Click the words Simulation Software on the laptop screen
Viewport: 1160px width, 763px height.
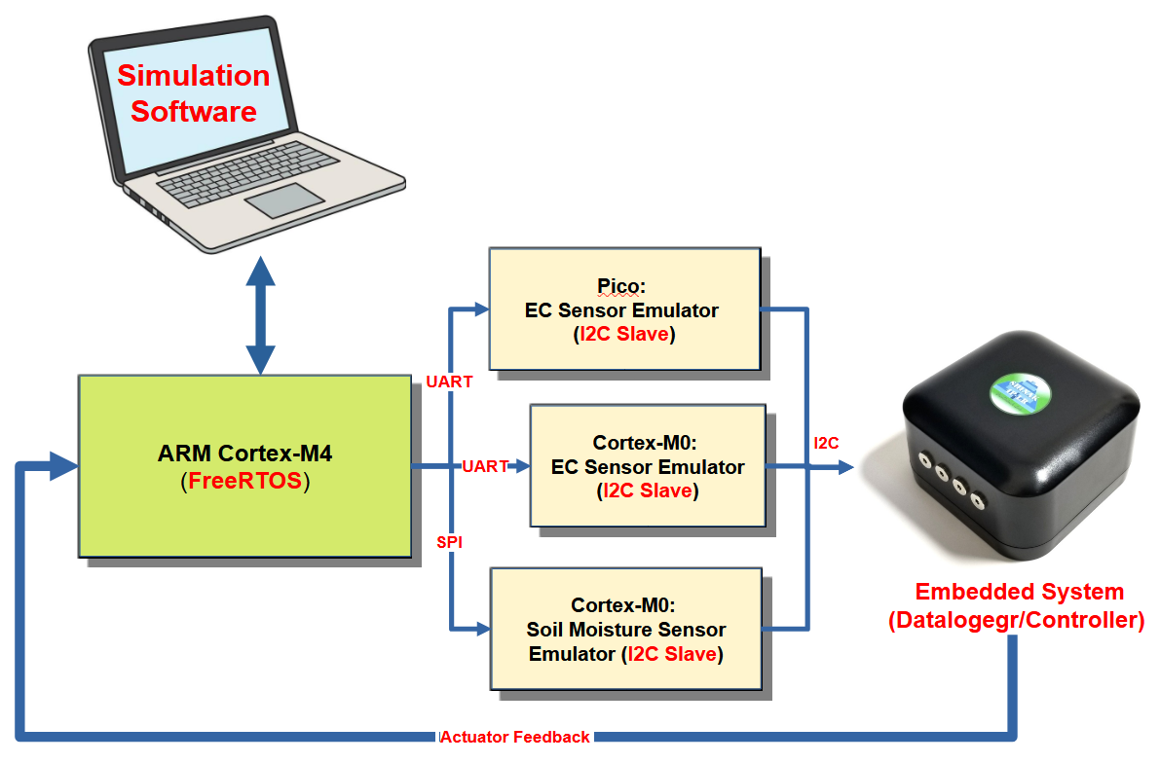[194, 93]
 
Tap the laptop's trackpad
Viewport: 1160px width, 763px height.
[283, 200]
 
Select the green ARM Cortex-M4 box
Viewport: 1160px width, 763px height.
[244, 466]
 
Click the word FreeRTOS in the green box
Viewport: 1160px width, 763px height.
[245, 481]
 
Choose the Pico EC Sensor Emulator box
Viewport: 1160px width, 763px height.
[623, 309]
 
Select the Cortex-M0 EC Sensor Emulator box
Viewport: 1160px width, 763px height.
[648, 466]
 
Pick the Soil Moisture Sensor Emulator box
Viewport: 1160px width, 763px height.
[623, 629]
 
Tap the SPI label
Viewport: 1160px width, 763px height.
[449, 541]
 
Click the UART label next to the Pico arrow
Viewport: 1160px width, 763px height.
[449, 382]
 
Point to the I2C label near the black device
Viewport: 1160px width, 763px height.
[827, 444]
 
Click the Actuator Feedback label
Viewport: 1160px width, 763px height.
[516, 737]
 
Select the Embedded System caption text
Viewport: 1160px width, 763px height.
[1019, 592]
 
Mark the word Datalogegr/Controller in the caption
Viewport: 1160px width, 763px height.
[1017, 620]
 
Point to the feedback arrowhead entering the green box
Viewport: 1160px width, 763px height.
[63, 466]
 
